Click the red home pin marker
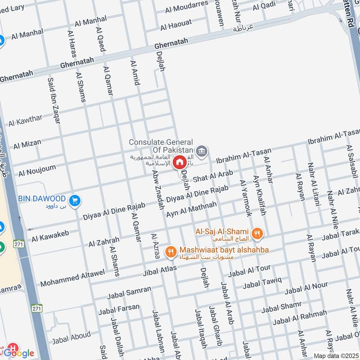click(180, 162)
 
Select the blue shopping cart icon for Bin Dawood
click(75, 199)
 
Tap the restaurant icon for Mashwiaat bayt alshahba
click(170, 252)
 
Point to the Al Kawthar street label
click(25, 120)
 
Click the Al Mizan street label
click(27, 144)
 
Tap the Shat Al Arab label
click(213, 176)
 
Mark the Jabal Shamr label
click(281, 307)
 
